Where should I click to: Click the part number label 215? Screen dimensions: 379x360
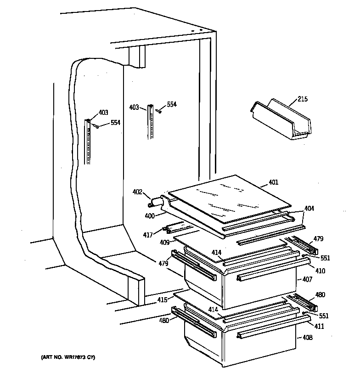coord(303,99)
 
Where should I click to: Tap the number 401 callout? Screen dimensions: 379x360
coord(273,183)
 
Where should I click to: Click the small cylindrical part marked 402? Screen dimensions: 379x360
coord(156,201)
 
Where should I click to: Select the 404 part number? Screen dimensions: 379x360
coord(309,209)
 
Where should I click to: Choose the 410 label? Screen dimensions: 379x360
coord(320,271)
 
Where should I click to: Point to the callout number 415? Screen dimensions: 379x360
coord(162,300)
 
